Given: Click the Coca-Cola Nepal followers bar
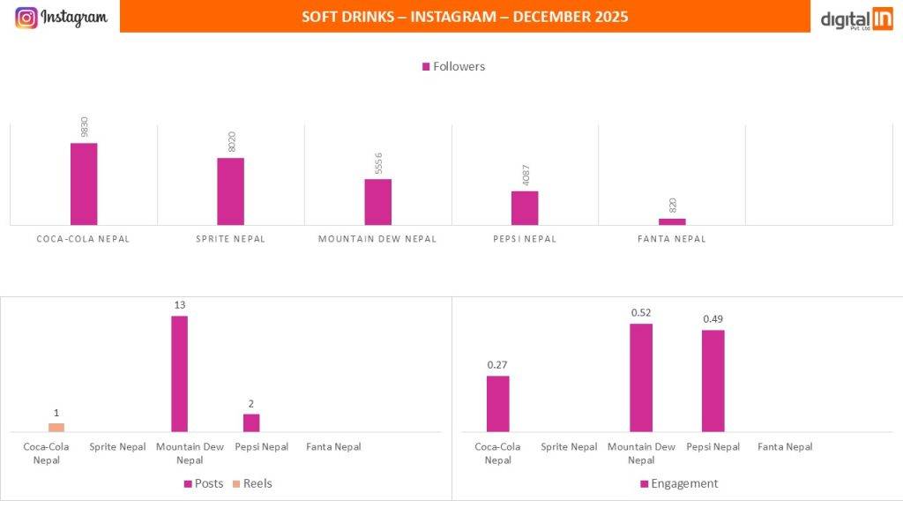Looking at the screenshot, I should coord(84,183).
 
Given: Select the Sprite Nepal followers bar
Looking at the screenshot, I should coord(230,191).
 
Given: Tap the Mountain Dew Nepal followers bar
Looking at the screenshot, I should coord(377,202).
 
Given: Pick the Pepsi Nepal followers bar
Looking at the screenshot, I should coord(525,208).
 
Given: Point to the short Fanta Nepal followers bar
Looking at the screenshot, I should coord(672,221).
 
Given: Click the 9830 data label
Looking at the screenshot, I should coord(85,127).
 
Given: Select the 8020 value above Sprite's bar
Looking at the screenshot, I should coord(232,142).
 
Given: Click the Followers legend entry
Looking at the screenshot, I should coord(453,67).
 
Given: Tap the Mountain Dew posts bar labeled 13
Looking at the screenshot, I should coord(179,373).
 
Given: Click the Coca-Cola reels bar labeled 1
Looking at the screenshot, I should coord(56,427).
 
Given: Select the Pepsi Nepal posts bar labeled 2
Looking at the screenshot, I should coord(251,422).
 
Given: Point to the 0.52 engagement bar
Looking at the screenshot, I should coord(641,377).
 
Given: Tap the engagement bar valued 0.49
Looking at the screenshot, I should coord(713,380).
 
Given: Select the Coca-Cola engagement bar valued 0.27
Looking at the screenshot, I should coord(497,403).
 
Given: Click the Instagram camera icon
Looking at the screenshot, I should coord(26,17).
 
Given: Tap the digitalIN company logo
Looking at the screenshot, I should coord(856,19).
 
